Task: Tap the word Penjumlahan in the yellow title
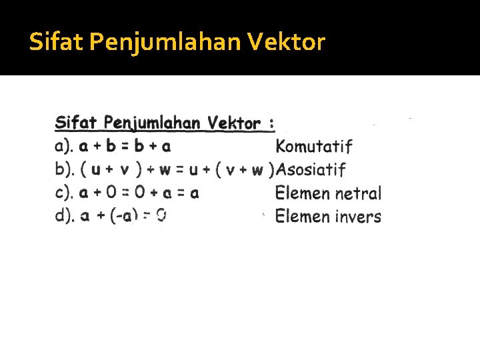tap(166, 43)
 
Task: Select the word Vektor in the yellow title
tap(287, 43)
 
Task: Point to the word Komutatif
tap(314, 146)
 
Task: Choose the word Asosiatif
tap(311, 169)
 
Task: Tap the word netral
tap(358, 193)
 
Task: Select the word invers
tap(358, 217)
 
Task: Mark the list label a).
tap(64, 146)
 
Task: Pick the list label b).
tap(64, 169)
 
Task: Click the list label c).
tap(64, 193)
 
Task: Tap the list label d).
tap(64, 217)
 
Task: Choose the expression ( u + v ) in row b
tap(109, 169)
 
